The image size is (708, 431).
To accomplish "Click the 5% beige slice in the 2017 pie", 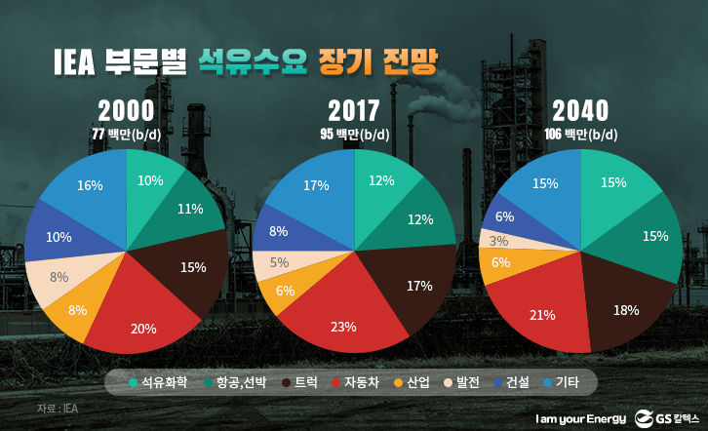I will pyautogui.click(x=278, y=261).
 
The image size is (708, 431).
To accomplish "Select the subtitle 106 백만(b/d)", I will pyautogui.click(x=581, y=134).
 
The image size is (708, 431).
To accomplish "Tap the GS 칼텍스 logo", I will pyautogui.click(x=663, y=417).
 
